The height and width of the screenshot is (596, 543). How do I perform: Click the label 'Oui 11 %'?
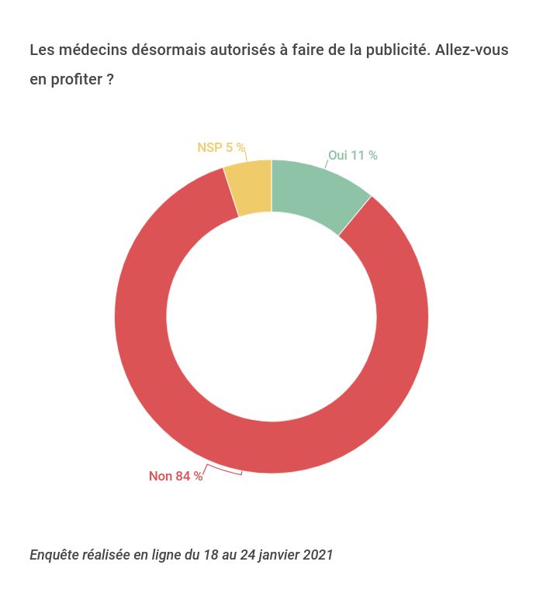tap(353, 156)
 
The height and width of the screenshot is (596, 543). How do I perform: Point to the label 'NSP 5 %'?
tap(221, 147)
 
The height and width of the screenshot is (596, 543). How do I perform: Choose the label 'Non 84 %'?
tap(176, 477)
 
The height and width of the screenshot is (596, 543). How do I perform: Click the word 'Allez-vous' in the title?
tap(472, 50)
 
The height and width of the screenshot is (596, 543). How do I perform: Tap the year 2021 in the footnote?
tap(318, 555)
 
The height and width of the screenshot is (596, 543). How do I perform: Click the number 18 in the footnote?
tap(210, 555)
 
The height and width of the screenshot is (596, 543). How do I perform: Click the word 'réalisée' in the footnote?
tap(108, 555)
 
